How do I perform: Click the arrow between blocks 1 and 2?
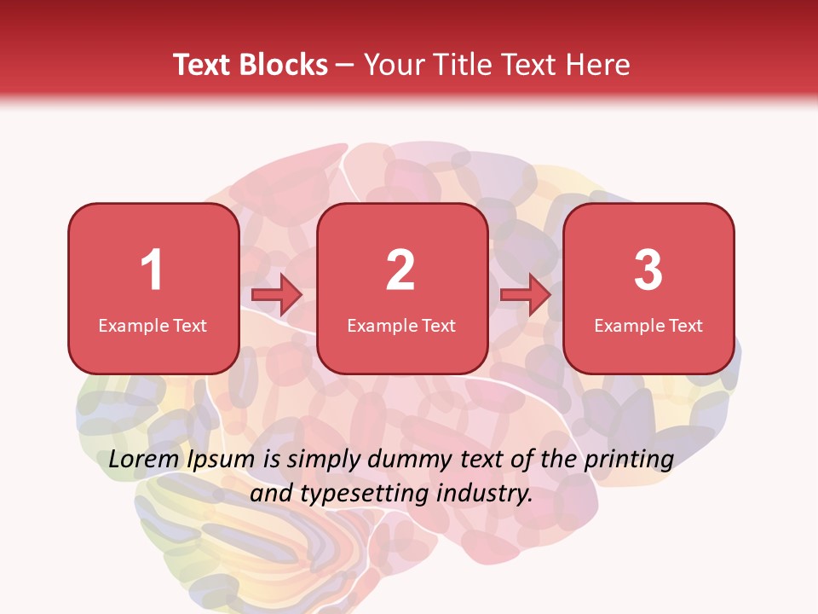coord(277,295)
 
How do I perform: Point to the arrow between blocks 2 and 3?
coord(525,295)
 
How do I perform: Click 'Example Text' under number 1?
coord(153,325)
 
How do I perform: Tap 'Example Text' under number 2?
coord(401,325)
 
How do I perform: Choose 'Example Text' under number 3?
coord(648,325)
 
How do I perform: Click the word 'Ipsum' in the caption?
coord(222,460)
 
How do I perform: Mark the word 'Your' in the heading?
coord(395,65)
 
